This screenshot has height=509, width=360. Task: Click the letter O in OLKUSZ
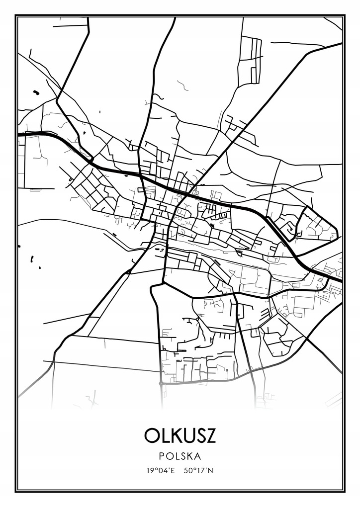pos(151,435)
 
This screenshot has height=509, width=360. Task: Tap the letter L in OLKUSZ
pos(165,435)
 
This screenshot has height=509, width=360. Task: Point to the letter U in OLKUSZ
pos(189,435)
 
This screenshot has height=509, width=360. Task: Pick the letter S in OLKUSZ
pos(201,435)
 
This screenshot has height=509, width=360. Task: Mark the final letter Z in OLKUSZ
pos(212,435)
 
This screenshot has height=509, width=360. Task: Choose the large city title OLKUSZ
pos(180,435)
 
